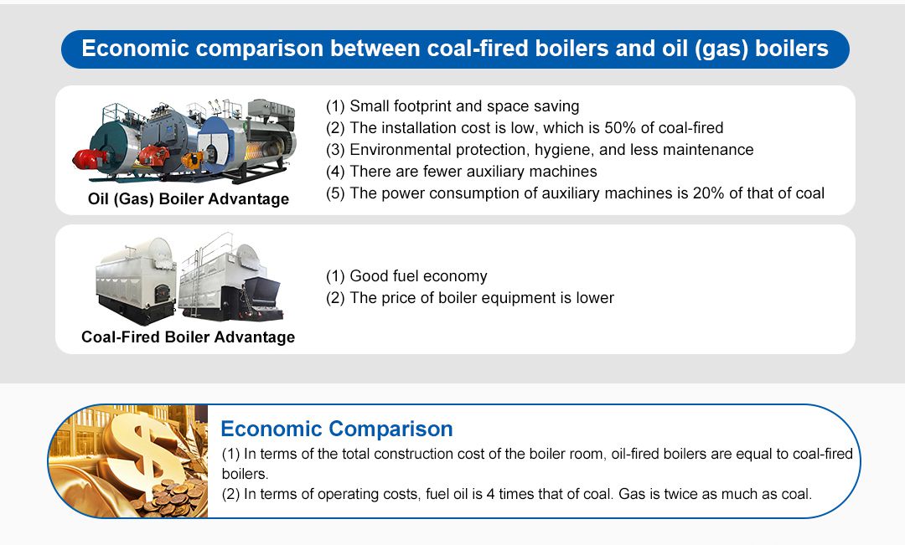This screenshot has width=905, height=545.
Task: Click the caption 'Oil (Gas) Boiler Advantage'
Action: tap(189, 199)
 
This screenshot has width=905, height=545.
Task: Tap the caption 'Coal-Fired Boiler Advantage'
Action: tap(188, 337)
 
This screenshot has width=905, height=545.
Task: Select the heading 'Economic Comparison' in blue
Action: tap(336, 429)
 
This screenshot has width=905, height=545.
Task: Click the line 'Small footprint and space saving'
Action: tap(452, 106)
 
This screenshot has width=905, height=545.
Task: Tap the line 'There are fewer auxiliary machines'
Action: tap(461, 172)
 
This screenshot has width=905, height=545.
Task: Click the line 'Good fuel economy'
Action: tap(406, 276)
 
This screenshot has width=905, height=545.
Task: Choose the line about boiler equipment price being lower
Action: tap(469, 298)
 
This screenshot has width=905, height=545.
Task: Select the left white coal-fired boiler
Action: tap(134, 280)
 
